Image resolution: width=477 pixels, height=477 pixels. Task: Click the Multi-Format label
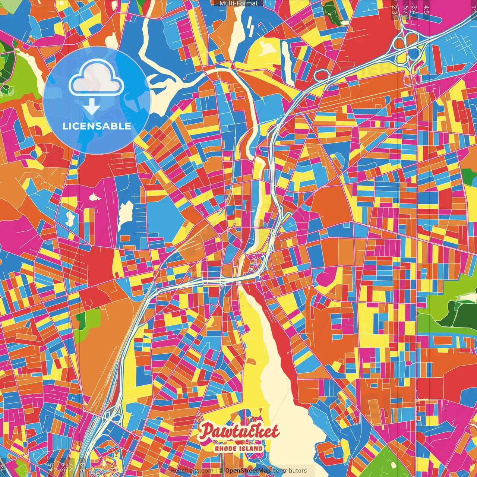coord(238,3)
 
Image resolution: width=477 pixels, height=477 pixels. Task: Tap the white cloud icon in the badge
coord(96,79)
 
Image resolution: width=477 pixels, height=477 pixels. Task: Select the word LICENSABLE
coord(97,126)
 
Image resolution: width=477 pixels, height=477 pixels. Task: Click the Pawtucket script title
coord(239,432)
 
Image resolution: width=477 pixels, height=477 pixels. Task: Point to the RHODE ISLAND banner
coord(239,448)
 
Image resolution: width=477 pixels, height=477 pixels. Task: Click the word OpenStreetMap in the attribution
coord(248,471)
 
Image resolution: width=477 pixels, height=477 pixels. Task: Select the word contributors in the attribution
coord(290,471)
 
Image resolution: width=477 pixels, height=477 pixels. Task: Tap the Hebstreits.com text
coord(192,471)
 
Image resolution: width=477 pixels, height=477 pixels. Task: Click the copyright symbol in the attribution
coord(221,471)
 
